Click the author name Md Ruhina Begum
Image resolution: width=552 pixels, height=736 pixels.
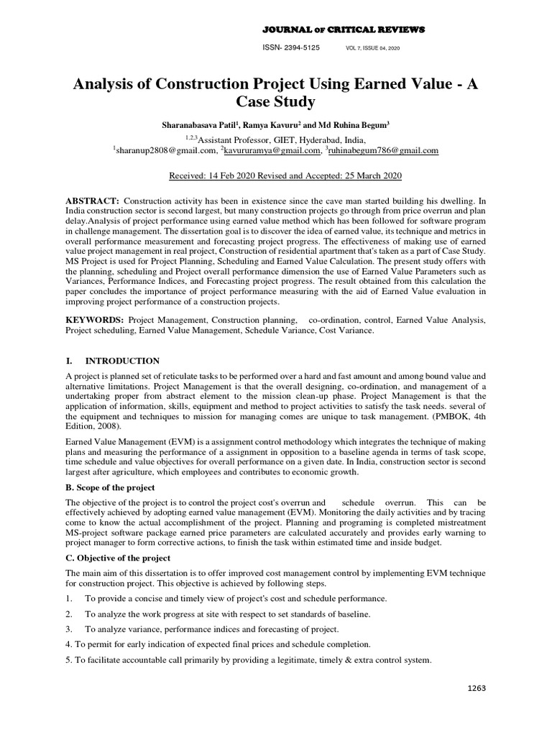point(355,125)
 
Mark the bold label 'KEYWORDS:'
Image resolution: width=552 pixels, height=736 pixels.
point(94,318)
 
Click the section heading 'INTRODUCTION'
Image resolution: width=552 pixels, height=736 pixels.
point(122,361)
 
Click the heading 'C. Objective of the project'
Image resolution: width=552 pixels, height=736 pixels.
point(118,558)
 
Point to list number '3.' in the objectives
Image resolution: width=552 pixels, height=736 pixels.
point(69,629)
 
